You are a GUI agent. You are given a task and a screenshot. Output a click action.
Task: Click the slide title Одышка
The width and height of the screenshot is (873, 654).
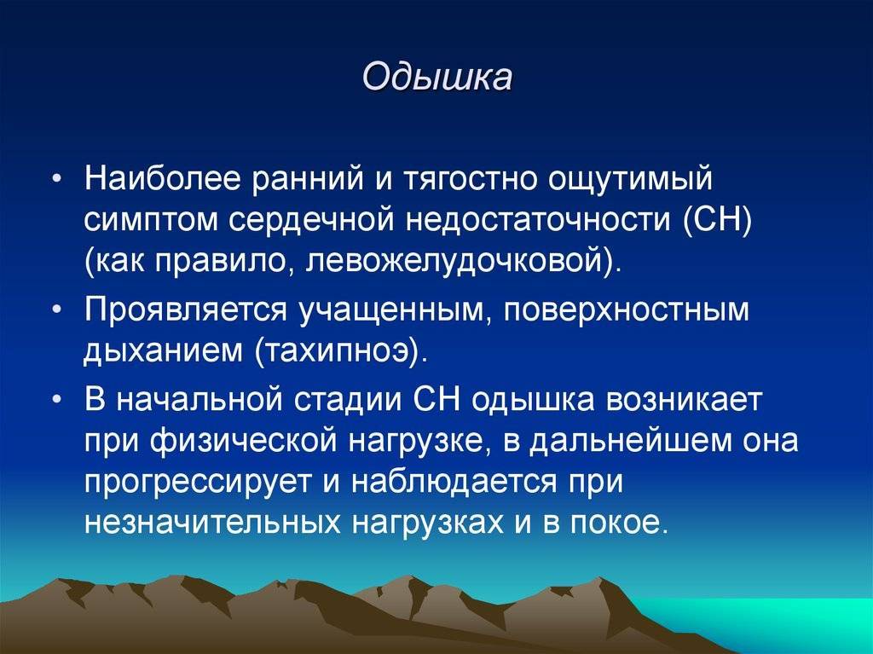[x=437, y=77]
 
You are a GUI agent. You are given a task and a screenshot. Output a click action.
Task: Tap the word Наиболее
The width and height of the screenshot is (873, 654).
[x=163, y=178]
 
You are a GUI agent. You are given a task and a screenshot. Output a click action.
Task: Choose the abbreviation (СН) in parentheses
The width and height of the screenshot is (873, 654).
[x=717, y=221]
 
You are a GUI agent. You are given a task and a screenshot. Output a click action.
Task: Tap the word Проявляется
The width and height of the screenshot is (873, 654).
[x=186, y=310]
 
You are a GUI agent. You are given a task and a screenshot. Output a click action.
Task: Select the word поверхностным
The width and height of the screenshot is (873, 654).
[x=627, y=310]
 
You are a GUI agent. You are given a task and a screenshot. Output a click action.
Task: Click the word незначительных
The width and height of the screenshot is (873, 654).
[x=212, y=523]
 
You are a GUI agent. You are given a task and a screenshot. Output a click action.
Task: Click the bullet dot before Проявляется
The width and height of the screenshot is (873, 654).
[x=57, y=310]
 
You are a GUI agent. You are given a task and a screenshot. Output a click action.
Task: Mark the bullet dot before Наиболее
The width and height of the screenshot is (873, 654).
[x=57, y=179]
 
